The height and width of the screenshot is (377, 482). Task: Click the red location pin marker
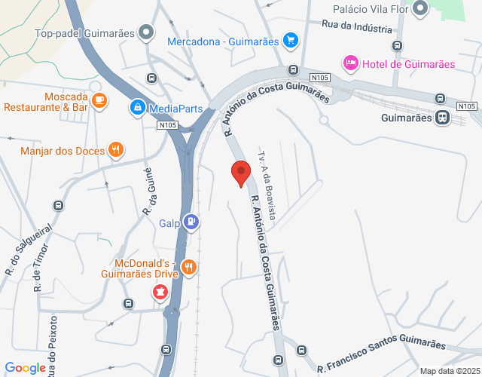coord(241,173)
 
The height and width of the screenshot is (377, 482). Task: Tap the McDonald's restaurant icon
coord(190,267)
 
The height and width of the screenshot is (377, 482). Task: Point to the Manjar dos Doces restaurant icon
coord(115,150)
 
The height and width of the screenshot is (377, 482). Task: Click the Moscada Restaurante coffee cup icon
coord(99,100)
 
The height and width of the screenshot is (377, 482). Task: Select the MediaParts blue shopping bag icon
coord(137,109)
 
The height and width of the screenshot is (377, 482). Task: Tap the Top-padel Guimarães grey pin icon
coord(146,33)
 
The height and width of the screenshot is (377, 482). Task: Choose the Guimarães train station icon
coord(442,118)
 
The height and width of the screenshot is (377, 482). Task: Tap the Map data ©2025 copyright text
coord(449,371)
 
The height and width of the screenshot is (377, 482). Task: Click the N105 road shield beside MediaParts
coord(169,125)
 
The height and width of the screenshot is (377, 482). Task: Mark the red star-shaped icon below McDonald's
coord(160,290)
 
